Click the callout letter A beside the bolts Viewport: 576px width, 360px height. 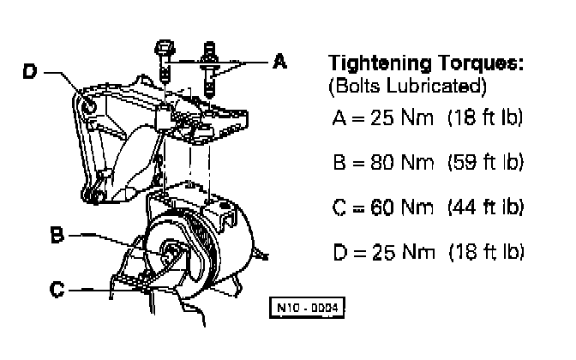(x=279, y=62)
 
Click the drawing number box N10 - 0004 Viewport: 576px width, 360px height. (x=310, y=306)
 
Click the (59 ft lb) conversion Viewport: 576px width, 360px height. (x=485, y=160)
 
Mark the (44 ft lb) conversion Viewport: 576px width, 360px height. (x=485, y=207)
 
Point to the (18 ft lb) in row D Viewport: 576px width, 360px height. (x=485, y=253)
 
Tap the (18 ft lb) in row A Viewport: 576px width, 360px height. (x=485, y=116)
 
